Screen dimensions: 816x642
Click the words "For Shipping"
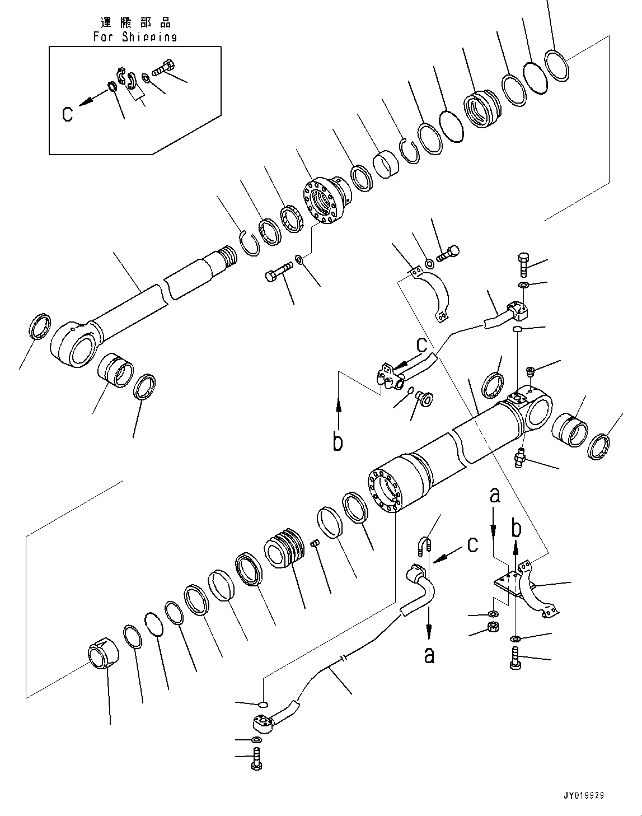tap(135, 37)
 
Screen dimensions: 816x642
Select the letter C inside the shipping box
tap(67, 114)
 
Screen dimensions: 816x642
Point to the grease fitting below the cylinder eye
tap(521, 458)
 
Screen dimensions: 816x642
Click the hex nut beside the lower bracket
tap(494, 627)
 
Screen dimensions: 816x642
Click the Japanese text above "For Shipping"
tap(135, 22)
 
